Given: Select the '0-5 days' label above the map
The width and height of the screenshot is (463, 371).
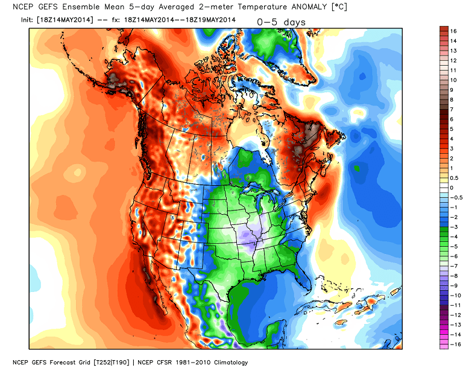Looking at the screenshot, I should click(282, 22).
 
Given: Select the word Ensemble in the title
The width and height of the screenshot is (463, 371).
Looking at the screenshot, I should click(86, 7).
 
